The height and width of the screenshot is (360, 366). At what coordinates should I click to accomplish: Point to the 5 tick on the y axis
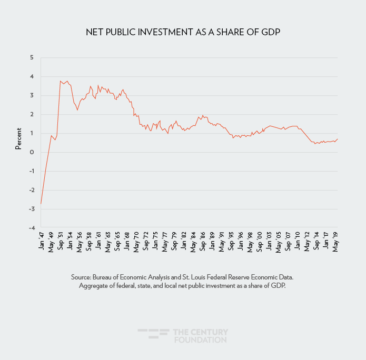31,57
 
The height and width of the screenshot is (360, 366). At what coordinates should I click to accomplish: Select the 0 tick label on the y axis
31,152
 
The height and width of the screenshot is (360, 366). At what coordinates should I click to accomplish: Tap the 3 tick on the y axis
31,95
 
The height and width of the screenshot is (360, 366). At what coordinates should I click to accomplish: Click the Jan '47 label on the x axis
42,242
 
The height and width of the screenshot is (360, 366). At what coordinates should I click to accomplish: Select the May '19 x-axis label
336,242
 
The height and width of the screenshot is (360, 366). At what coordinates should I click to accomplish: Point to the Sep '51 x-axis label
61,242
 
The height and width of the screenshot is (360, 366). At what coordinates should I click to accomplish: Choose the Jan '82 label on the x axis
184,242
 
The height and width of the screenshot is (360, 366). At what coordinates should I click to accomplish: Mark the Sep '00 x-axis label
260,242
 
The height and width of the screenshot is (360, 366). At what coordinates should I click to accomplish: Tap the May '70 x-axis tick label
136,242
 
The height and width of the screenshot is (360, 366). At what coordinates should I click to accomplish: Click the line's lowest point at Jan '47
41,204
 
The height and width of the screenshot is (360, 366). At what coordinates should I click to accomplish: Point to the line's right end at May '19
338,139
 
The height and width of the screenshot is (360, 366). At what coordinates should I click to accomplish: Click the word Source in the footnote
82,277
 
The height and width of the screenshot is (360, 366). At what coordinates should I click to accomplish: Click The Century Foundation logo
183,336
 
